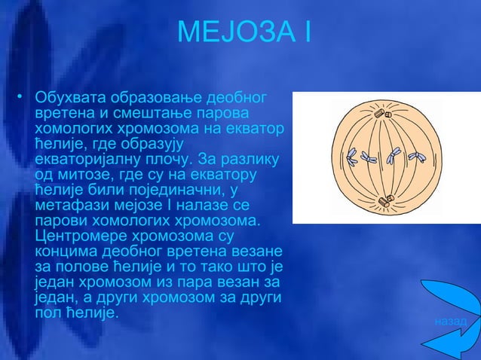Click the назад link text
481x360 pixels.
(x=450, y=322)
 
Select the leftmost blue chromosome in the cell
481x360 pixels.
(x=352, y=158)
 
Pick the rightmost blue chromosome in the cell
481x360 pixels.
(x=415, y=157)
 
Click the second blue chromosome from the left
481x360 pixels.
(x=369, y=158)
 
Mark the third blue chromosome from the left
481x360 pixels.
(x=393, y=156)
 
